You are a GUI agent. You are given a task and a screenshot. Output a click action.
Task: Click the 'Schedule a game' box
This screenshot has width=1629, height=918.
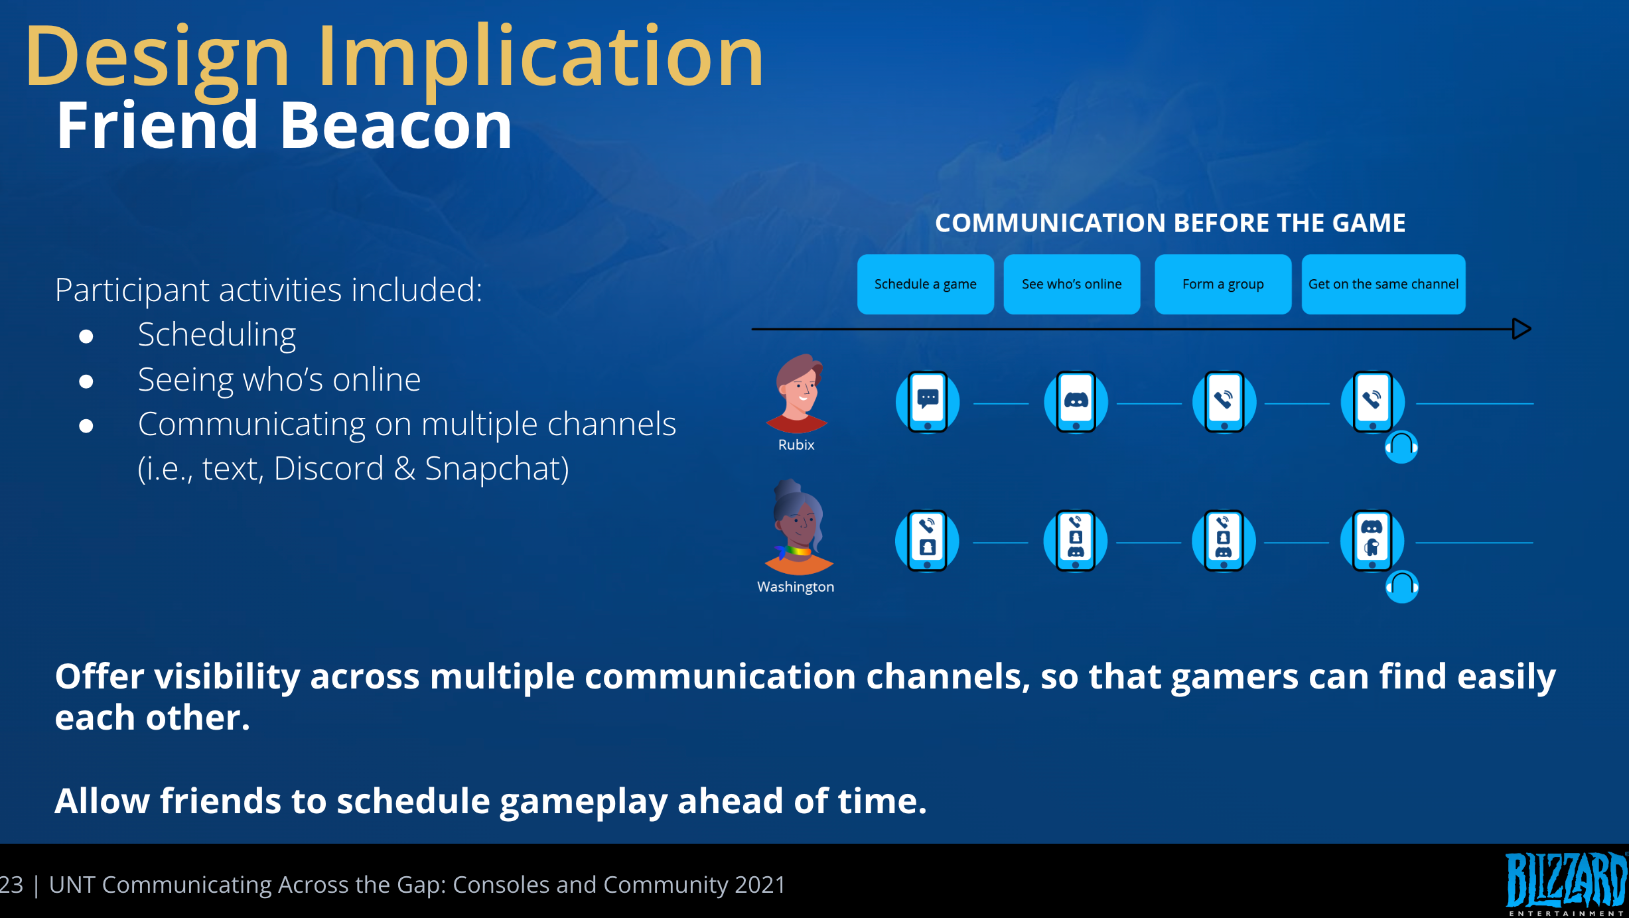(925, 284)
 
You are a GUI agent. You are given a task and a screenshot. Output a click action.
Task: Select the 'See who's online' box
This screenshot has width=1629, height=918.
(1072, 284)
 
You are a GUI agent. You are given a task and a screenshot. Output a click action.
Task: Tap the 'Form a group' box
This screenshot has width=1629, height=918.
(1223, 284)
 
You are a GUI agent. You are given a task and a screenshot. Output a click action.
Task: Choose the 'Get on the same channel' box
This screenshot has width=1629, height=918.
(1383, 284)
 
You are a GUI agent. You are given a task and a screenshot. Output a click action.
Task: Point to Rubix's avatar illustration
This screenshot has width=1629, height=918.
(797, 393)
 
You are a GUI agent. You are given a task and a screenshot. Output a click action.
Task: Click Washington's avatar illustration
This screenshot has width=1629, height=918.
(798, 527)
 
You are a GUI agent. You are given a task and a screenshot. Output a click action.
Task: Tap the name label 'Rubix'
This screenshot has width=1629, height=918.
(796, 445)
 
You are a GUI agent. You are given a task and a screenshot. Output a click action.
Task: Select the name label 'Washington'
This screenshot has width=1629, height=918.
(796, 587)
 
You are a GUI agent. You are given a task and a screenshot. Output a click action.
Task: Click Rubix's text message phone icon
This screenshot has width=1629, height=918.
(928, 402)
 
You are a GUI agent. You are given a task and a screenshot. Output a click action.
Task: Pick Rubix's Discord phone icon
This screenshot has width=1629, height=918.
(1076, 402)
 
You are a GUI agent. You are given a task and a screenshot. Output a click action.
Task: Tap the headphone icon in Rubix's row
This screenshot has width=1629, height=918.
(1401, 447)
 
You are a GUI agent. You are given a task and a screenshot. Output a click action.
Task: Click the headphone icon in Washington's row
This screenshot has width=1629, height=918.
(1402, 587)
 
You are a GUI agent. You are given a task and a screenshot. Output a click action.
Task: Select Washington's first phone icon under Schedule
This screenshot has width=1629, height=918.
(927, 541)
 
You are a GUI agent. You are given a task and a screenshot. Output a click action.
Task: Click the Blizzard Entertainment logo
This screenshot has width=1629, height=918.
(1567, 883)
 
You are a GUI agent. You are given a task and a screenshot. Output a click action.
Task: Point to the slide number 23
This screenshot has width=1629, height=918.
(11, 885)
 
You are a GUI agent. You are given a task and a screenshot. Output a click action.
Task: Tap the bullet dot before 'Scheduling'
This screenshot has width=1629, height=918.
(86, 336)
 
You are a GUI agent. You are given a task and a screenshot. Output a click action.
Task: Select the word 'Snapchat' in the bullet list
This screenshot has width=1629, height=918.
(497, 469)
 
